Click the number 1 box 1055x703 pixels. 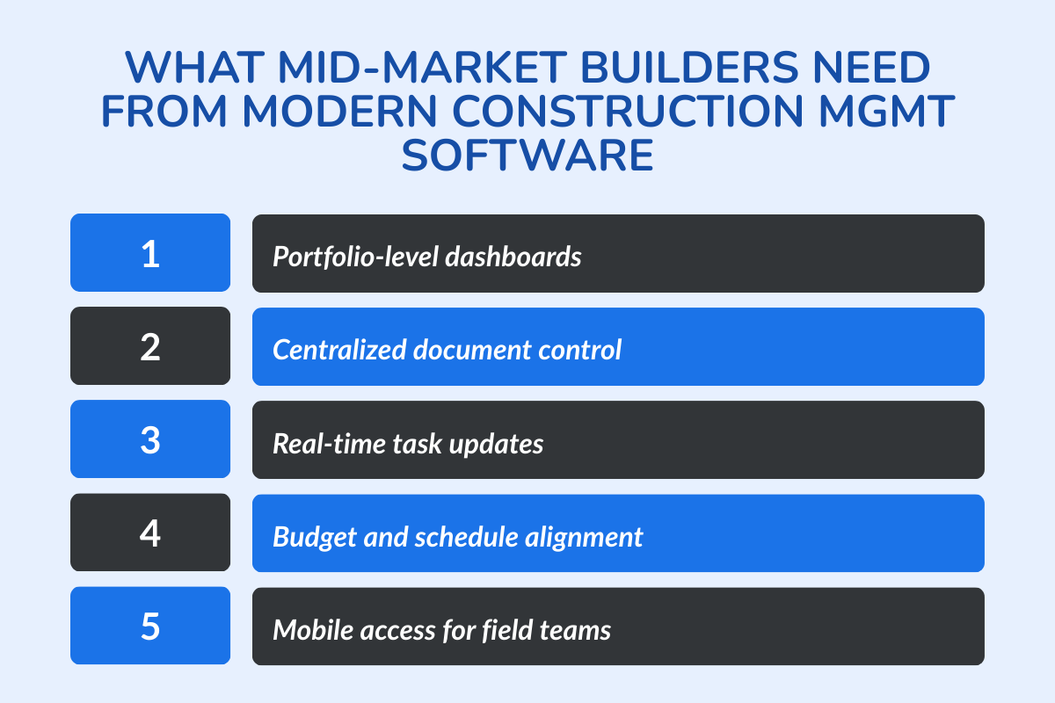pos(150,253)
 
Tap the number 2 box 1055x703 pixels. pos(150,346)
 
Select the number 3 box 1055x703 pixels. pos(150,439)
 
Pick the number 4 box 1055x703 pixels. pos(150,533)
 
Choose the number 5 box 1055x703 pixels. pos(150,626)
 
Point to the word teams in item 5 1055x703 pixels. pos(576,630)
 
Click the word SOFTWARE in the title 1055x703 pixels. pos(527,156)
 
